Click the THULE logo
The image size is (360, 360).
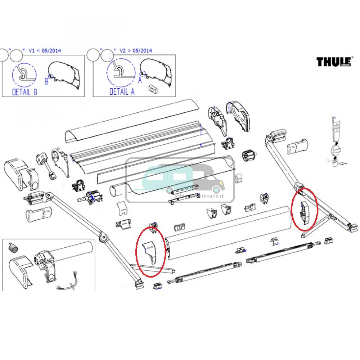(x=333, y=62)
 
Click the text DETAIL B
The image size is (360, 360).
(x=24, y=92)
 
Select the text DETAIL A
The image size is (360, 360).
(x=122, y=92)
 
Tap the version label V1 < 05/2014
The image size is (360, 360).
(x=45, y=50)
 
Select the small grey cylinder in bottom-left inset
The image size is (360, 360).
(x=13, y=247)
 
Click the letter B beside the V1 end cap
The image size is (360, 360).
(x=46, y=82)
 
